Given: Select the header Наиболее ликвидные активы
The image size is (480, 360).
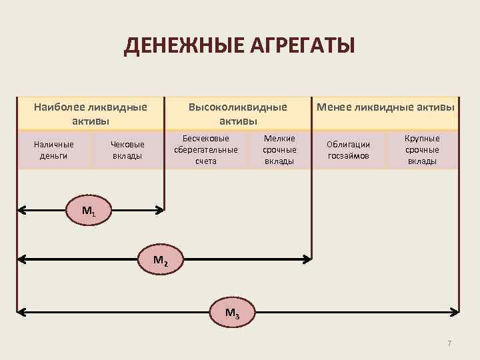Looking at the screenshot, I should [x=91, y=113].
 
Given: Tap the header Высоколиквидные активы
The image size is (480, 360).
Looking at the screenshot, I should [x=238, y=113].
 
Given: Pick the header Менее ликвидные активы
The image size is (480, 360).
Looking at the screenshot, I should [x=385, y=107].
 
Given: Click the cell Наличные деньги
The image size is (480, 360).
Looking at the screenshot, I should [x=54, y=150].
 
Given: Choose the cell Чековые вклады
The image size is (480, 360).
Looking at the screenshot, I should [x=127, y=150].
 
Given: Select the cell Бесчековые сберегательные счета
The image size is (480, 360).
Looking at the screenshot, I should [x=206, y=149].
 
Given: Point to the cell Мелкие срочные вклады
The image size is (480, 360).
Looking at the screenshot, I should [x=279, y=149].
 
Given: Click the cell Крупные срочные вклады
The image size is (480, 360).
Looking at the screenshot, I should [x=423, y=149].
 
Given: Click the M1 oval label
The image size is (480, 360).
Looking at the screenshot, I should [x=89, y=211].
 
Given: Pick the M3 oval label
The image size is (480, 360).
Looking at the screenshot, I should [x=233, y=311].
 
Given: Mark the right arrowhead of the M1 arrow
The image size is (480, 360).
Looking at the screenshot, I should [x=160, y=211].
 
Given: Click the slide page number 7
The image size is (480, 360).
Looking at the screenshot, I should [x=449, y=343].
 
